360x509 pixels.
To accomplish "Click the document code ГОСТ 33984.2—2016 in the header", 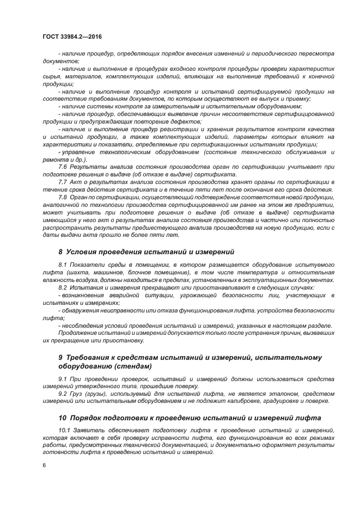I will click(72, 36).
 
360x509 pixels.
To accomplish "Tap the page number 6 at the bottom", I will click(44, 465).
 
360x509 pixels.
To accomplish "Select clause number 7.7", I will click(62, 181).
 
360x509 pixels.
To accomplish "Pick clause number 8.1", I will click(62, 265).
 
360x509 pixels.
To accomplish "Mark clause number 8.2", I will click(62, 287).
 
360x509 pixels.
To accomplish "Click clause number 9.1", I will click(62, 378).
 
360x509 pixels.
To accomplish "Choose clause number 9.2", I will click(62, 393).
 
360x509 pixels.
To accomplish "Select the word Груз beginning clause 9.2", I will click(80, 393).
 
